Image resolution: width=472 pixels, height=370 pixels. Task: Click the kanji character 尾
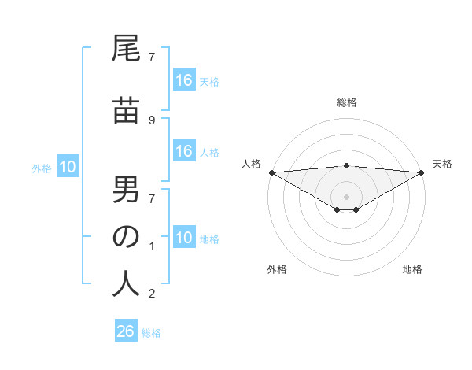pyautogui.click(x=126, y=52)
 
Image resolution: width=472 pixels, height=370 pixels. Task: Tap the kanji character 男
pyautogui.click(x=126, y=191)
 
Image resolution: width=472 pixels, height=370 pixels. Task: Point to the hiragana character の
pyautogui.click(x=126, y=237)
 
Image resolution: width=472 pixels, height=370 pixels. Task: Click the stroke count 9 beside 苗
pyautogui.click(x=151, y=120)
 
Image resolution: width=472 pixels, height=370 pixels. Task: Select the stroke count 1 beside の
pyautogui.click(x=151, y=246)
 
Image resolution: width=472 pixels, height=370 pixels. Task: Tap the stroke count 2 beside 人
pyautogui.click(x=151, y=294)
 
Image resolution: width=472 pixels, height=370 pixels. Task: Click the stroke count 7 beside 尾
pyautogui.click(x=151, y=57)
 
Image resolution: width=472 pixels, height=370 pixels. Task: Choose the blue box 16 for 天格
pyautogui.click(x=184, y=80)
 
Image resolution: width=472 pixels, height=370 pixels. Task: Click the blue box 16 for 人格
pyautogui.click(x=184, y=151)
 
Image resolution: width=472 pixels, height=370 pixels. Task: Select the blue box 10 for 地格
pyautogui.click(x=184, y=238)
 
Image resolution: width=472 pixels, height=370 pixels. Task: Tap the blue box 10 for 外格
pyautogui.click(x=67, y=167)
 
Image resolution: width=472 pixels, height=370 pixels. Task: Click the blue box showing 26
pyautogui.click(x=126, y=331)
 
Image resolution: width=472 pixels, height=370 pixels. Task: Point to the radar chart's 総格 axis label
pyautogui.click(x=347, y=102)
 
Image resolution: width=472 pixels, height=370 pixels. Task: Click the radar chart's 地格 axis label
pyautogui.click(x=412, y=270)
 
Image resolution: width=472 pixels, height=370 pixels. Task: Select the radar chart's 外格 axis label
pyautogui.click(x=277, y=270)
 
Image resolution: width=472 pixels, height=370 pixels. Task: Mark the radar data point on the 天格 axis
pyautogui.click(x=422, y=172)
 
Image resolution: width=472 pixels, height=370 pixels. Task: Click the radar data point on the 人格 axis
pyautogui.click(x=271, y=172)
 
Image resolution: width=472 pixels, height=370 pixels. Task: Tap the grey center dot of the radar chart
pyautogui.click(x=347, y=196)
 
